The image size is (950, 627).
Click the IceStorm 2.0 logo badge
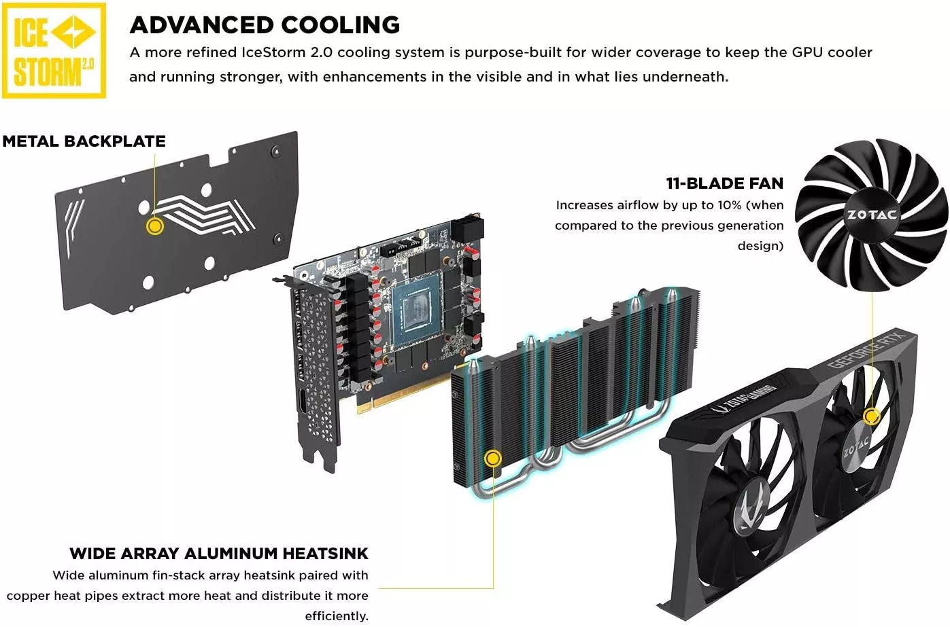(x=54, y=50)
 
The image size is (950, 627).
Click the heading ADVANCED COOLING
(x=265, y=24)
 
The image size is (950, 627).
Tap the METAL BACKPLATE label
(x=84, y=141)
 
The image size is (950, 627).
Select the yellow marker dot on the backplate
(x=155, y=226)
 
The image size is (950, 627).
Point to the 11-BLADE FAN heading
(x=725, y=183)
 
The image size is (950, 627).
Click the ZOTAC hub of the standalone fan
(x=872, y=215)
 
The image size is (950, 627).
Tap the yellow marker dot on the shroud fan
(x=871, y=416)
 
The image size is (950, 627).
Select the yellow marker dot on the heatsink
(x=493, y=458)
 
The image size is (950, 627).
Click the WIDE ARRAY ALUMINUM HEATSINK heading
(x=219, y=553)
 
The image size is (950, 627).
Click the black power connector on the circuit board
(x=467, y=229)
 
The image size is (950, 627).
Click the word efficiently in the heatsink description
(x=337, y=615)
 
